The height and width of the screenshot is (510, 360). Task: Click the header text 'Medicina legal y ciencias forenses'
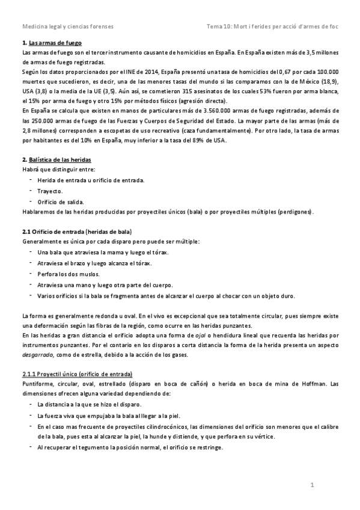(x=67, y=27)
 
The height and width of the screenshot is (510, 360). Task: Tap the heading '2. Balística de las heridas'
(x=56, y=161)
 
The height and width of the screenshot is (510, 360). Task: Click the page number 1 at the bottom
(x=313, y=485)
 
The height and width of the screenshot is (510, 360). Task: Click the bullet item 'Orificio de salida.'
(x=61, y=201)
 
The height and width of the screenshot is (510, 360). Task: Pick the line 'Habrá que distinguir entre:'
(x=53, y=170)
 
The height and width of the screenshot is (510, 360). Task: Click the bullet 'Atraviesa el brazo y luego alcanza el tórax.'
(x=94, y=263)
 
